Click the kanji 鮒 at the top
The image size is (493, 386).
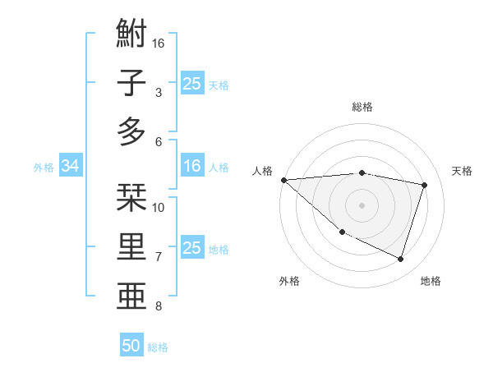click(x=132, y=34)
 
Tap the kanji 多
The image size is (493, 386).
click(x=132, y=132)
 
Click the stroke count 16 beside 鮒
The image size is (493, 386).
click(x=159, y=43)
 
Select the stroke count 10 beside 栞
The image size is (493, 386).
click(x=159, y=207)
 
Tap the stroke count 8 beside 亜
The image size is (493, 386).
click(x=159, y=306)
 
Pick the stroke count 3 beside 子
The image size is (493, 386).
click(x=159, y=92)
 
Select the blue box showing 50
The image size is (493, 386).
click(x=131, y=346)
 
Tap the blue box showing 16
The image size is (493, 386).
click(x=192, y=167)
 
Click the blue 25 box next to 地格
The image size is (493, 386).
click(x=192, y=248)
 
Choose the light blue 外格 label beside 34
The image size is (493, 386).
click(x=44, y=168)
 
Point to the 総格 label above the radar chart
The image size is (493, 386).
click(x=362, y=107)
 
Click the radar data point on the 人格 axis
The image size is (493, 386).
click(x=283, y=180)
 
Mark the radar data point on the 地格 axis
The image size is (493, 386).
click(x=401, y=260)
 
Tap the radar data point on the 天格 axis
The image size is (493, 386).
click(x=425, y=185)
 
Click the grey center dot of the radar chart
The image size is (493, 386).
click(x=362, y=205)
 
